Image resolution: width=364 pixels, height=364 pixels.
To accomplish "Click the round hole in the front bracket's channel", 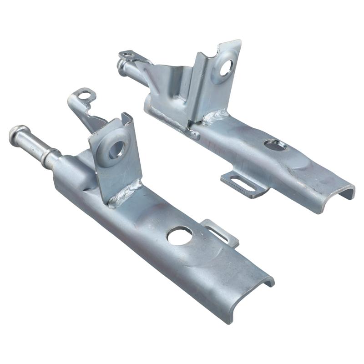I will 179,235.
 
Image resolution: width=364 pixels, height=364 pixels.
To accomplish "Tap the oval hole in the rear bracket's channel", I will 275,145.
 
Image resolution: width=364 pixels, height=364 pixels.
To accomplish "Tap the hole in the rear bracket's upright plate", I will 226,67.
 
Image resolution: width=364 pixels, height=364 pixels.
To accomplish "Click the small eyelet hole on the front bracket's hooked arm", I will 84,96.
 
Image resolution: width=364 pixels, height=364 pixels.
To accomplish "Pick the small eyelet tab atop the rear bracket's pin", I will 127,56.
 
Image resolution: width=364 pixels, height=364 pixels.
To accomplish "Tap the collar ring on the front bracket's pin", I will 50,157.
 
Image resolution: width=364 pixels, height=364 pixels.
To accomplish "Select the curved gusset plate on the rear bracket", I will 171,89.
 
